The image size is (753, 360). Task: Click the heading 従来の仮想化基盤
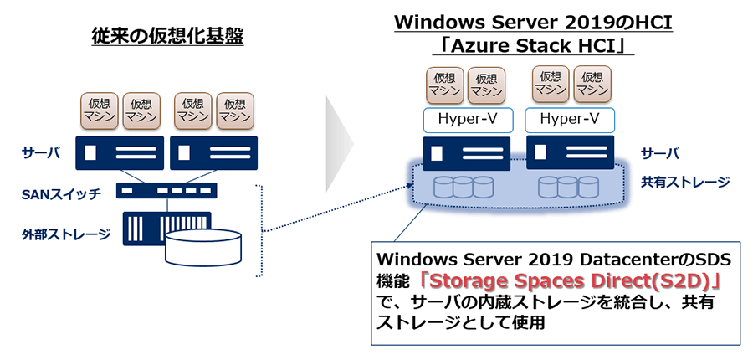166,38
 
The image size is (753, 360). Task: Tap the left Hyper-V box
468,120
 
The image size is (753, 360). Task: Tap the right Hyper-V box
568,120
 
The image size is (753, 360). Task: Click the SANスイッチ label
61,194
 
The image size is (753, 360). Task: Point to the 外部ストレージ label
67,234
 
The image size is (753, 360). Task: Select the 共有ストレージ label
674,182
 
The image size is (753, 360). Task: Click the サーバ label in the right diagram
659,153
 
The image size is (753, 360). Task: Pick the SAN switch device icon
166,191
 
